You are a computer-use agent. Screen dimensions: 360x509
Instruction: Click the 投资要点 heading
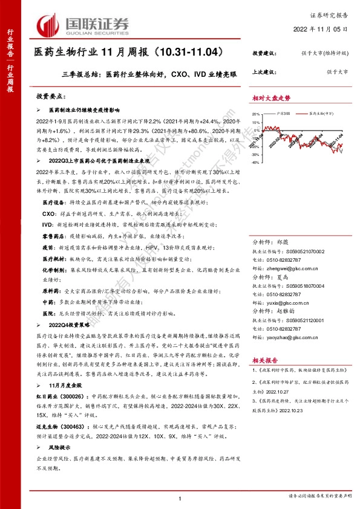point(50,96)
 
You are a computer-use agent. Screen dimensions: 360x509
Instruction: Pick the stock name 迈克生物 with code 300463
point(50,409)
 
